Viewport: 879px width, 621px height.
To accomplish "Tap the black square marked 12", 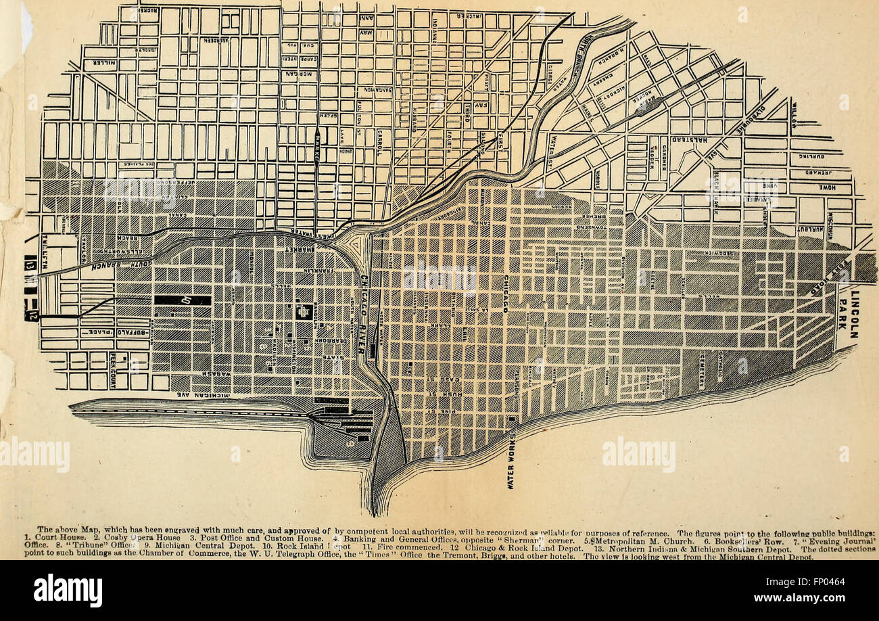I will point(31,315).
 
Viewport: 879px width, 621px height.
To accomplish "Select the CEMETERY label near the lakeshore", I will point(701,372).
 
